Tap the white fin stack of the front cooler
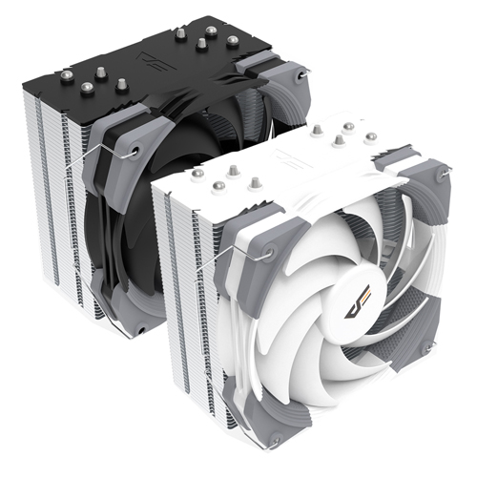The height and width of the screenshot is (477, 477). click(x=181, y=315)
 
